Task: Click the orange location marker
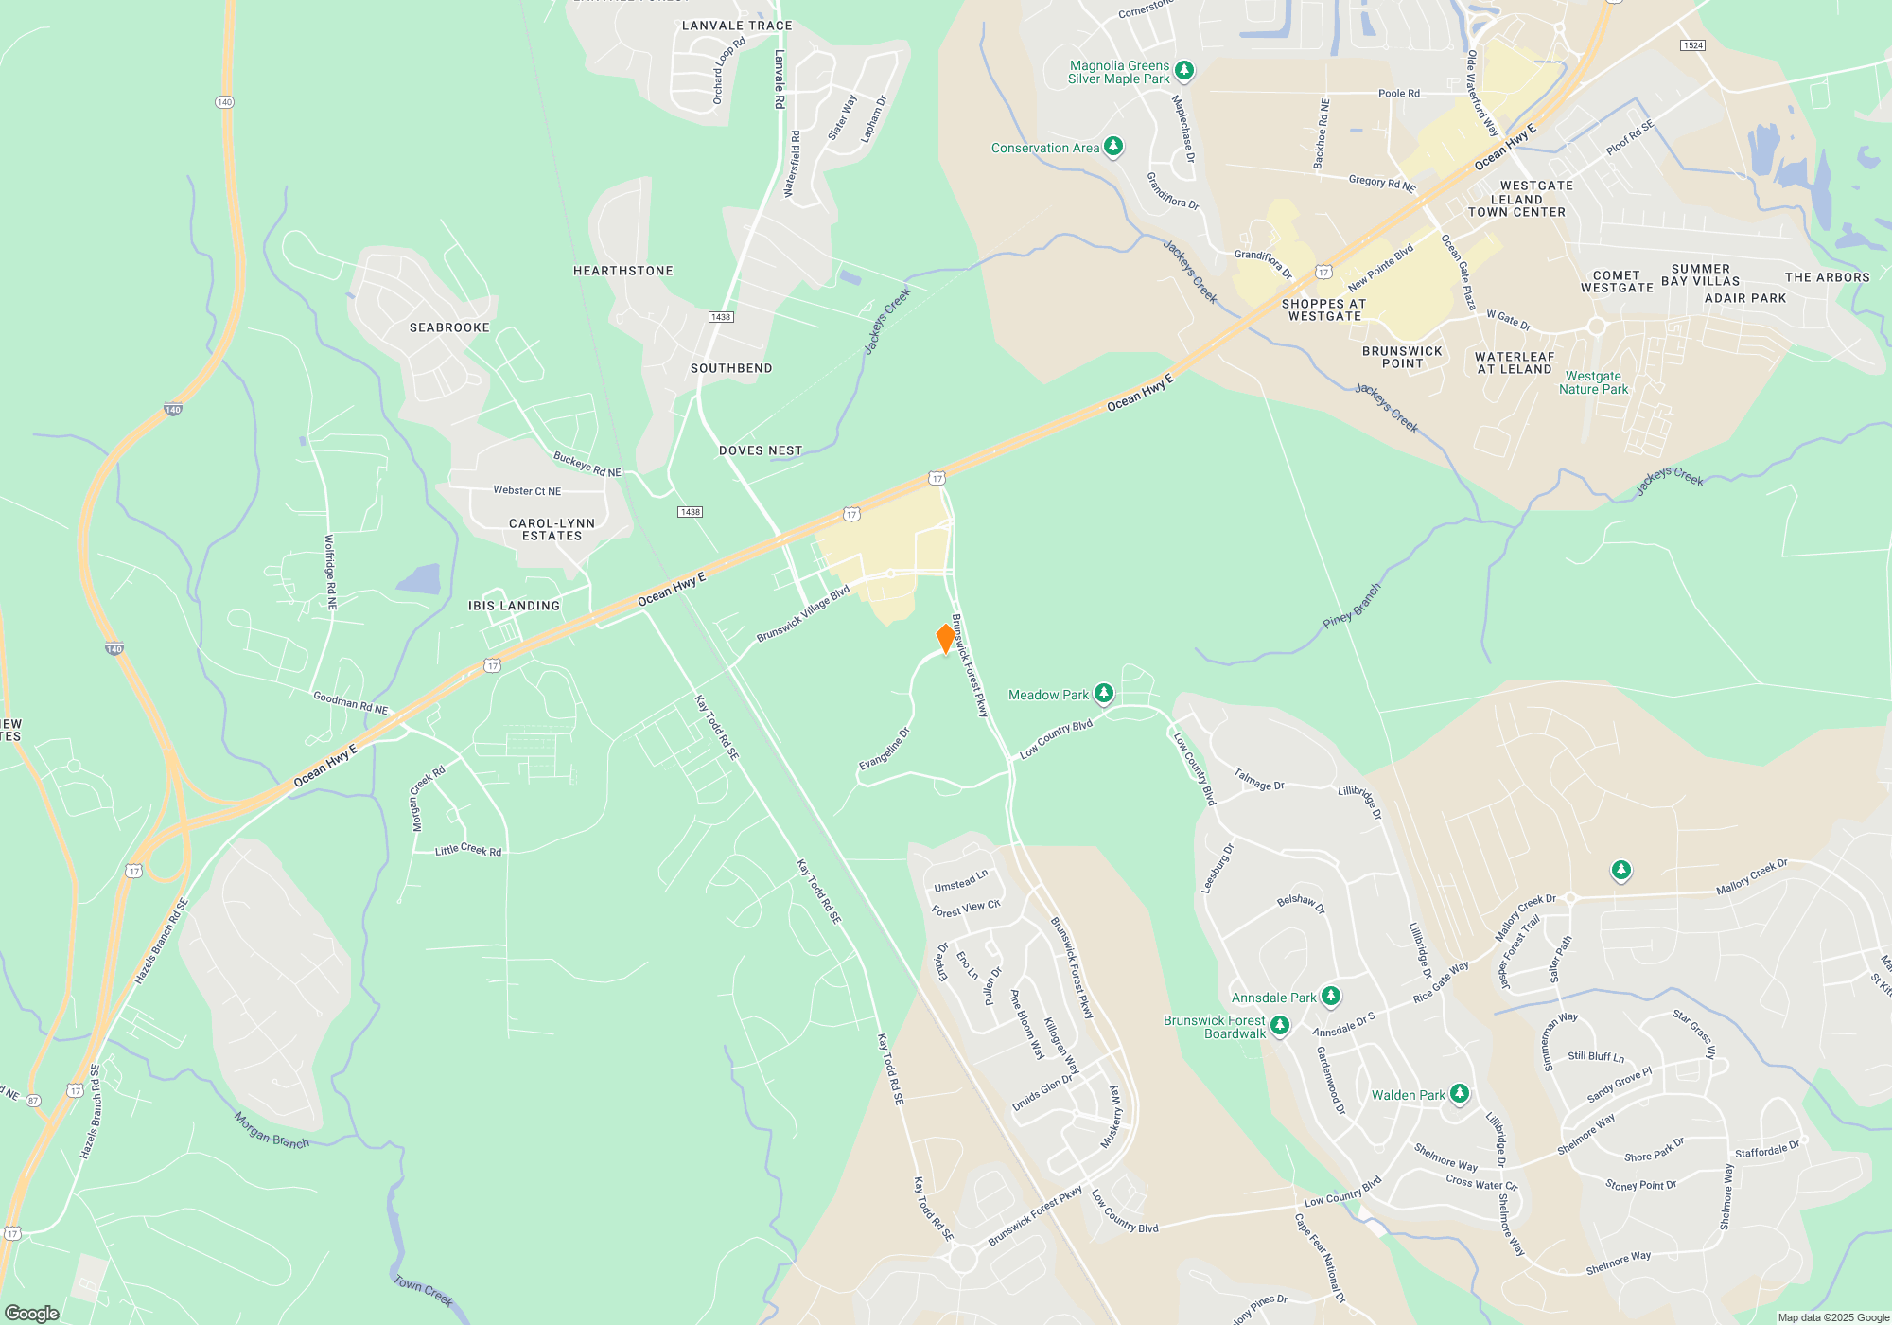pos(945,639)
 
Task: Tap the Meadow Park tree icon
pos(1103,694)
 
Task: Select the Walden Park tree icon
pos(1460,1094)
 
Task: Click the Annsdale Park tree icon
pos(1331,996)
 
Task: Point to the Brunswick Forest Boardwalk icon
pos(1280,1025)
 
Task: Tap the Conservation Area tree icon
pos(1113,147)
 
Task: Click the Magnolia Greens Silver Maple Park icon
pos(1183,71)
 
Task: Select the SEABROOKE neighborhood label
pos(449,327)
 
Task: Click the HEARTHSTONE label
pos(623,271)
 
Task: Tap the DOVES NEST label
pos(761,450)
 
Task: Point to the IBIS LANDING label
pos(514,606)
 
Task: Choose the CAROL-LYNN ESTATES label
pos(552,530)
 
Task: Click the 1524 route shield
pos(1692,45)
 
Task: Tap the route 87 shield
pos(34,1100)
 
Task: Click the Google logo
pos(32,1313)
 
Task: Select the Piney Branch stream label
pos(1352,607)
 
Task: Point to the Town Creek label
pos(423,1290)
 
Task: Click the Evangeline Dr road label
pos(885,749)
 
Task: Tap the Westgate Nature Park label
pos(1593,382)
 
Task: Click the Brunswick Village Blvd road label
pos(803,613)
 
